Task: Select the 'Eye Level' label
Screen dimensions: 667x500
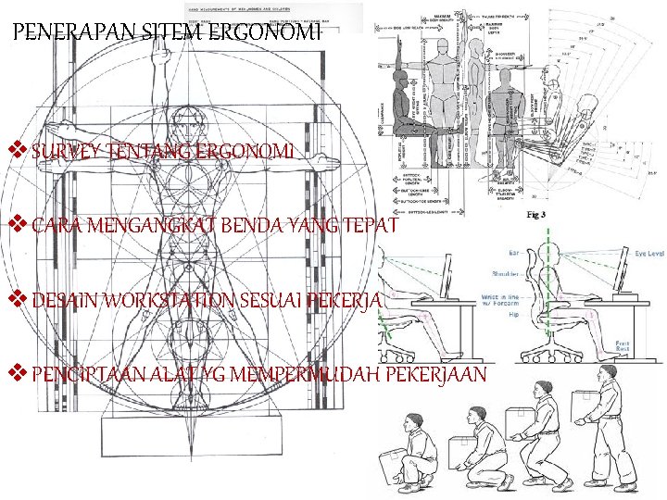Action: click(x=648, y=251)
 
